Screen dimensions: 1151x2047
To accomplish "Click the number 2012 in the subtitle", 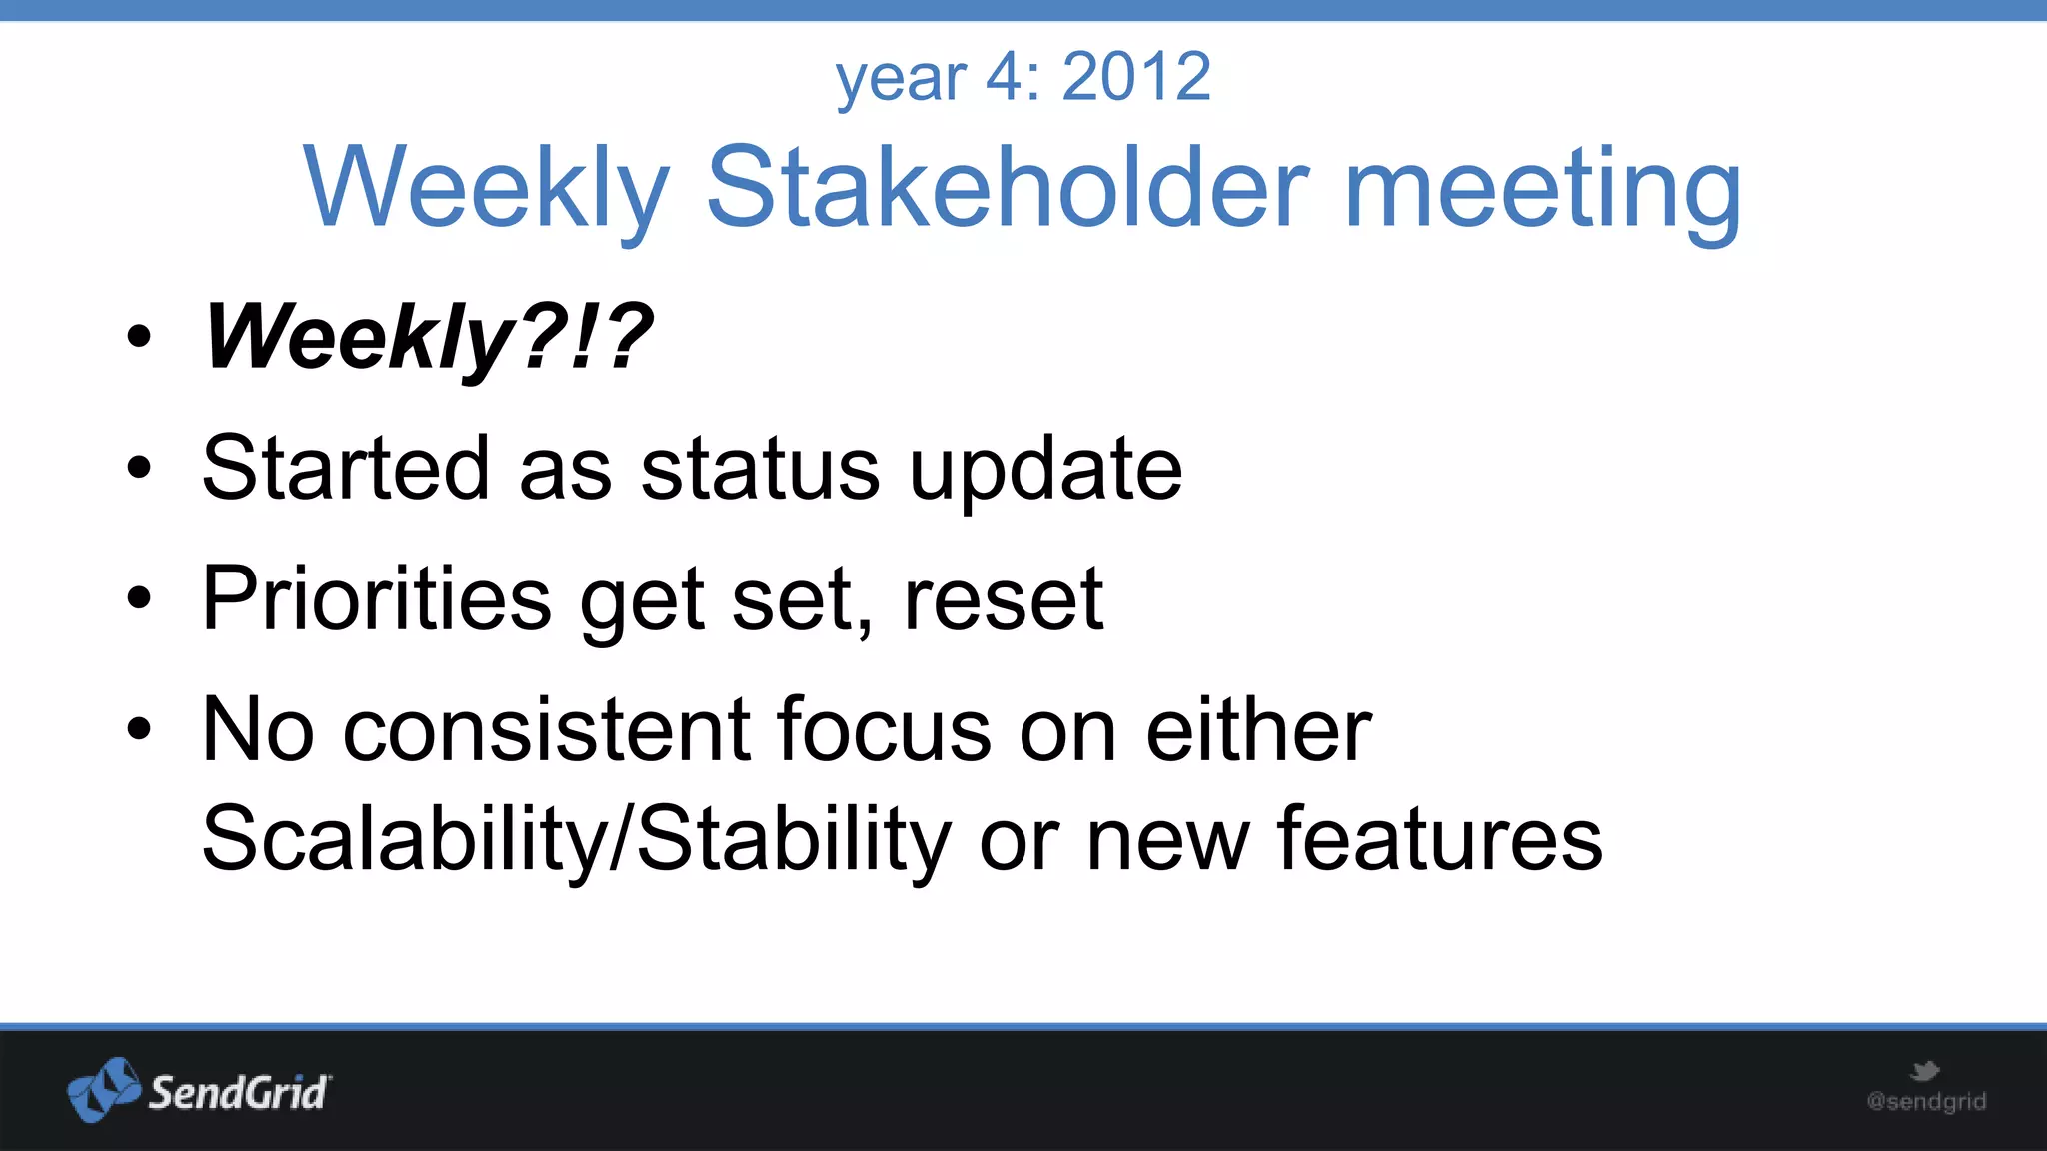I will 1136,77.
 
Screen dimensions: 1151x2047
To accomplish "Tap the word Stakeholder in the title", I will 1008,188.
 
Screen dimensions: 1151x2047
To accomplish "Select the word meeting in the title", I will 1543,188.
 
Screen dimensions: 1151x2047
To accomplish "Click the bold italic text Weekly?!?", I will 428,338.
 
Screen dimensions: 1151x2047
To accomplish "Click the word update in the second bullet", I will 1045,470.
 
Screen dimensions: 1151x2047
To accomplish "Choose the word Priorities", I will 376,598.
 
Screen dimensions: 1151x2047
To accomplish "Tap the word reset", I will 1003,600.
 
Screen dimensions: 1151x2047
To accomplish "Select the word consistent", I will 546,730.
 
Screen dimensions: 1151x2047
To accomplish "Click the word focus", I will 884,730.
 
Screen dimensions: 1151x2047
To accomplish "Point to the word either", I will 1258,730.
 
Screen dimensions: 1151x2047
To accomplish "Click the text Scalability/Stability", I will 576,840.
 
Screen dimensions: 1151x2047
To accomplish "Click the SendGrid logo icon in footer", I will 104,1089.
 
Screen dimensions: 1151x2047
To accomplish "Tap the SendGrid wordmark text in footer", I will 238,1093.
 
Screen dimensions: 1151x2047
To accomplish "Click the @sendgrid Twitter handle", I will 1926,1102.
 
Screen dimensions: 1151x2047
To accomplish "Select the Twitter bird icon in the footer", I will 1924,1072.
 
